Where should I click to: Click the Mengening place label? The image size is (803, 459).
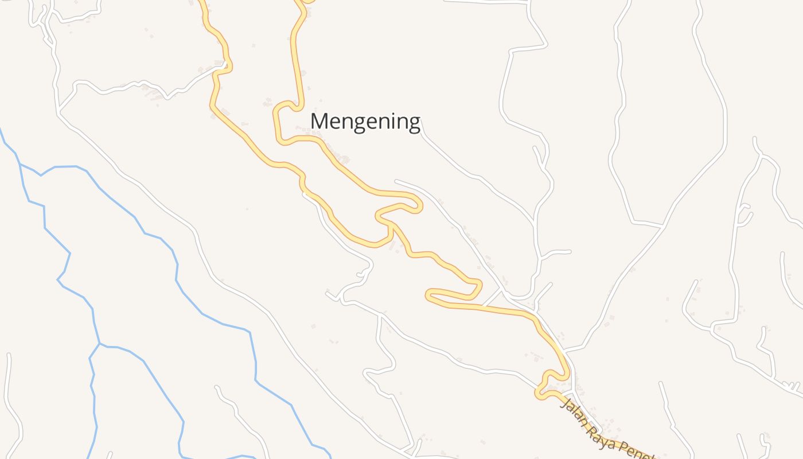point(365,122)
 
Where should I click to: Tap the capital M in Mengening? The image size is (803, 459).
point(320,121)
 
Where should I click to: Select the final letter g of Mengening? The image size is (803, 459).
point(413,123)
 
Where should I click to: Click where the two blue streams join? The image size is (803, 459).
point(99,344)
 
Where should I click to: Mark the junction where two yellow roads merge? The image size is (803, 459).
point(391,224)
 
